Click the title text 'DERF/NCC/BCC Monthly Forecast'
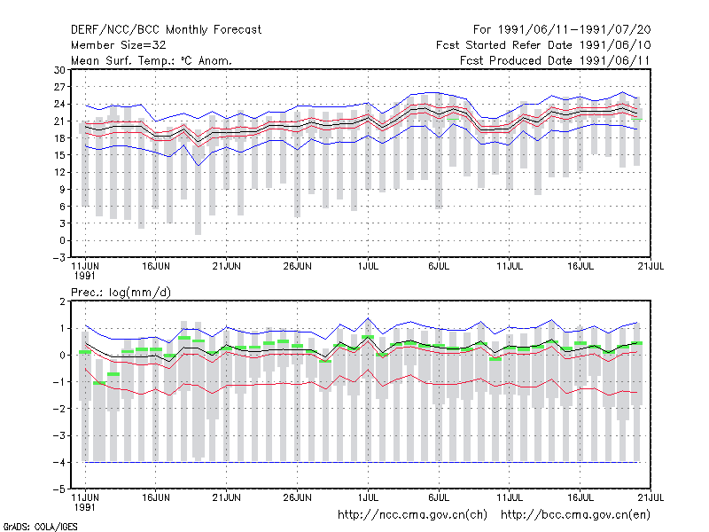(166, 30)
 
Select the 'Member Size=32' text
(119, 45)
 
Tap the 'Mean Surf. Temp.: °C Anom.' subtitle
(152, 60)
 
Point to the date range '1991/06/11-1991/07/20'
(574, 30)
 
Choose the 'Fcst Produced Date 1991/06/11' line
(555, 60)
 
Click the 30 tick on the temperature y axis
(59, 70)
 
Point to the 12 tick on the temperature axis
(59, 172)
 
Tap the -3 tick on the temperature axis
(58, 258)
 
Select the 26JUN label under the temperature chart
(297, 267)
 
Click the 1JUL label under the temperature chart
(368, 267)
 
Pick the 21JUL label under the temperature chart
(651, 267)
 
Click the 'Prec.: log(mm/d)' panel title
(121, 293)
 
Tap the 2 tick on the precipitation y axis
(62, 301)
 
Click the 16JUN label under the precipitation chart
(156, 497)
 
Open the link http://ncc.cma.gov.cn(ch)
(412, 515)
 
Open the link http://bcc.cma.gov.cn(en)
(575, 515)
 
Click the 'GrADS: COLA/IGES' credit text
(40, 527)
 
